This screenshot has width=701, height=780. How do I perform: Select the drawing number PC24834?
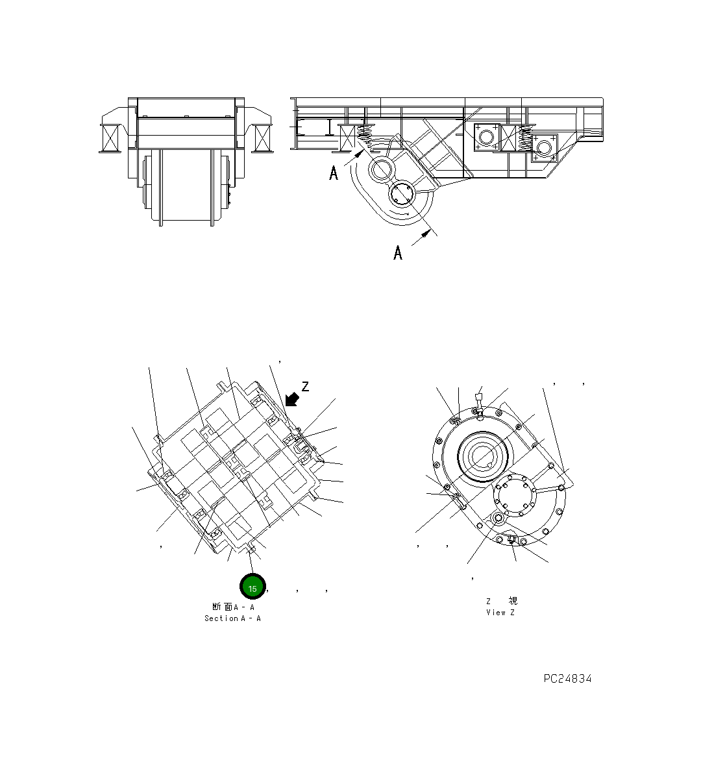click(x=567, y=679)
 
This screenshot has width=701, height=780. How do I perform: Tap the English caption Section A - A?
click(x=232, y=618)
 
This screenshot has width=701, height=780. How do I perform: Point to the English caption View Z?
click(x=500, y=613)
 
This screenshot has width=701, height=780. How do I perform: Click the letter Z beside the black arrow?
click(x=305, y=387)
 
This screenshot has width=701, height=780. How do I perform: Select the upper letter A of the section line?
click(x=334, y=173)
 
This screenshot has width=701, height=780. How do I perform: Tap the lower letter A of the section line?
click(x=398, y=252)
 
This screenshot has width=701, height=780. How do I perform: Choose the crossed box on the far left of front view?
click(x=109, y=138)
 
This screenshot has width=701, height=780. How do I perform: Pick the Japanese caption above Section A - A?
click(x=233, y=607)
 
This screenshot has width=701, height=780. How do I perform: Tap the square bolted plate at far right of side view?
click(x=544, y=147)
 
